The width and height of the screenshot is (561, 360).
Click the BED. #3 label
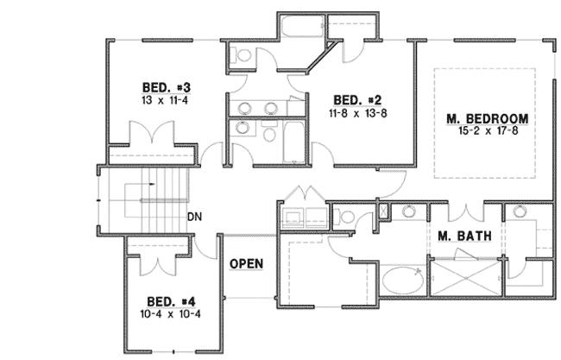coord(160,88)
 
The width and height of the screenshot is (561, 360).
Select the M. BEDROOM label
coord(487,118)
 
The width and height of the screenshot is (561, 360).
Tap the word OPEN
coord(246,263)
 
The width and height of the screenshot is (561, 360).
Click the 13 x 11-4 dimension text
coord(160,100)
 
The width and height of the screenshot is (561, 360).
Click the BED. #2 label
coord(352,98)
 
